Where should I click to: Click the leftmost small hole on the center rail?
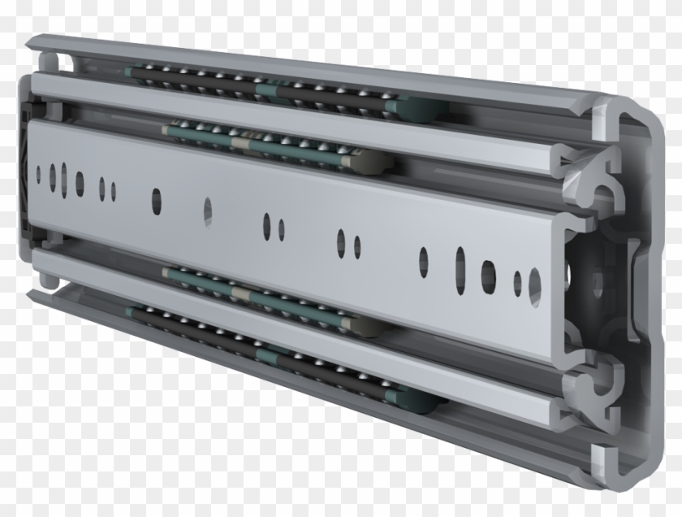pyautogui.click(x=40, y=172)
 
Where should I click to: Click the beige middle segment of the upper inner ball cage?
pyautogui.click(x=240, y=143)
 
